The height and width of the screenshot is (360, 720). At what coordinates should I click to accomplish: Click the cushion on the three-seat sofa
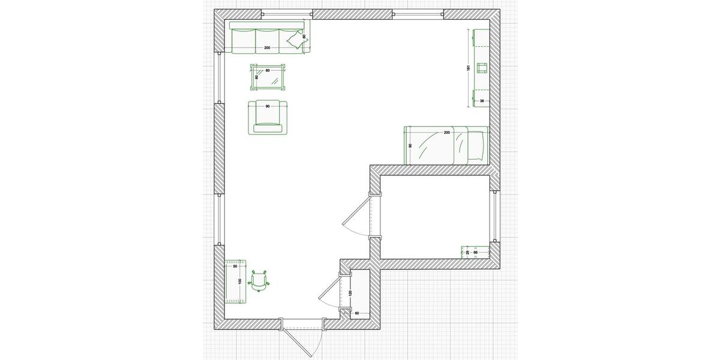click(x=295, y=41)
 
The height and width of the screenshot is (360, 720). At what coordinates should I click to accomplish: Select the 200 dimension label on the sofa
click(x=267, y=47)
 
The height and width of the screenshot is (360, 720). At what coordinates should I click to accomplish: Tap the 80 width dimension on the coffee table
click(x=268, y=71)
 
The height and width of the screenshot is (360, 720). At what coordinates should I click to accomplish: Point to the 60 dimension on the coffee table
click(x=257, y=77)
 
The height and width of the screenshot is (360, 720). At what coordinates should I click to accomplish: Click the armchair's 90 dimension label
click(x=267, y=106)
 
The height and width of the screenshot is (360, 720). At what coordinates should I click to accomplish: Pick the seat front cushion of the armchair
click(x=268, y=128)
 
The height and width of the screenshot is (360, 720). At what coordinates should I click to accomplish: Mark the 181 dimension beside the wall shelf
click(x=468, y=68)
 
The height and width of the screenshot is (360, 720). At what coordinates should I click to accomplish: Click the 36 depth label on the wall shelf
click(x=481, y=101)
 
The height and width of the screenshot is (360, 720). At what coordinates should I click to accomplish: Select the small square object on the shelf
click(x=481, y=67)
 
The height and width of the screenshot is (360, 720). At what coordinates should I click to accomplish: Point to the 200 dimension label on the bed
click(x=446, y=132)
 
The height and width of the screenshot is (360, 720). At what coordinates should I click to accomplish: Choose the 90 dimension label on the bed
click(x=410, y=145)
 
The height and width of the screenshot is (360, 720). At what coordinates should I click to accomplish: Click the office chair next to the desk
click(x=260, y=280)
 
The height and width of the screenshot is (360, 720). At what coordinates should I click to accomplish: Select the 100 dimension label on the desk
click(x=239, y=281)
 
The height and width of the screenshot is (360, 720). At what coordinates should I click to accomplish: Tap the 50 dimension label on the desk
click(x=235, y=266)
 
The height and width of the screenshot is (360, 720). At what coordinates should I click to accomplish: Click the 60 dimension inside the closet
click(x=356, y=313)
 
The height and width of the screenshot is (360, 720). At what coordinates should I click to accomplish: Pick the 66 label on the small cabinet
click(x=476, y=253)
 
